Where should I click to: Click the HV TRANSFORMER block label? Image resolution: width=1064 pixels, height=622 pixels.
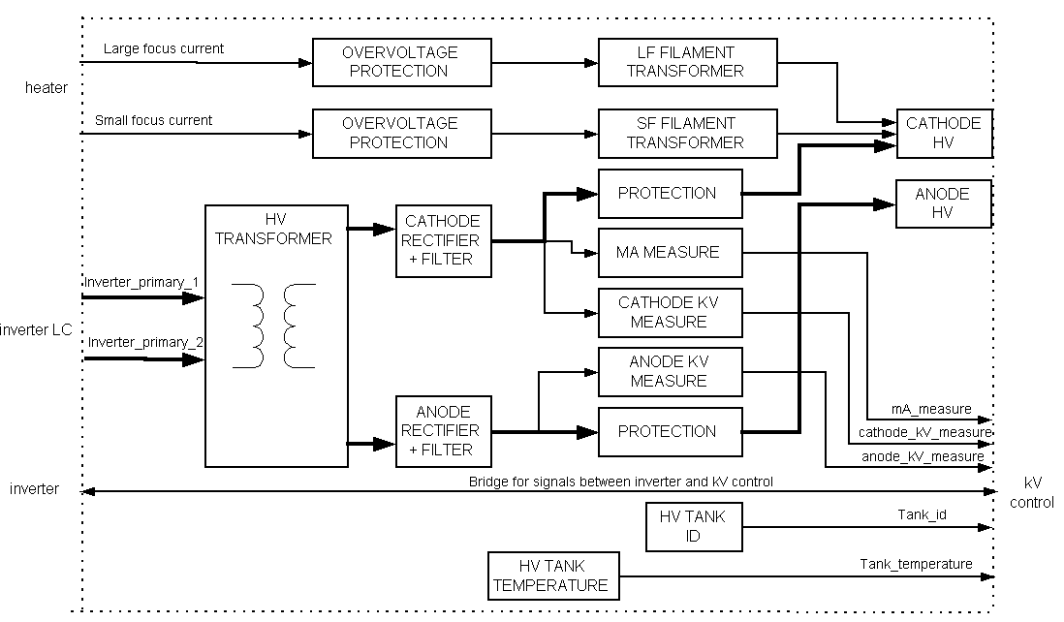coord(276,230)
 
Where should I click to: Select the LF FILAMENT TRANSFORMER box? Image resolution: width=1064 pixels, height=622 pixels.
coord(687,62)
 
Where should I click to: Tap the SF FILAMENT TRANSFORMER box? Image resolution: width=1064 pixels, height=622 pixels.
coord(687,133)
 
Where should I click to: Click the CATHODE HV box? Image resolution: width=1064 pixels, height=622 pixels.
coord(944,133)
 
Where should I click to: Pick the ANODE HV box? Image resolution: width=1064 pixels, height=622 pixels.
coord(944,203)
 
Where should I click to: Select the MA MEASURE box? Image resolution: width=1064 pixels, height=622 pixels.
coord(670,252)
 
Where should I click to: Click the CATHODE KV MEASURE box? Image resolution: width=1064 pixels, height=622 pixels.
coord(670,311)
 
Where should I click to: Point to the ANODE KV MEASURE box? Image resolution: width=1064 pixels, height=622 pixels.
coord(670,371)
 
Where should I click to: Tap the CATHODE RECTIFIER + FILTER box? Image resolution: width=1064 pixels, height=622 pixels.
coord(444,241)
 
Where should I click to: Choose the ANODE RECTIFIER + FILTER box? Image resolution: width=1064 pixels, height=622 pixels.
coord(444,430)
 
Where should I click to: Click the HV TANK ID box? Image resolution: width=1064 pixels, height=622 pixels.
coord(694,527)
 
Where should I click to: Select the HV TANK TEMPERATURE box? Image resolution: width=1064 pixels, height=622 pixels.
coord(551,575)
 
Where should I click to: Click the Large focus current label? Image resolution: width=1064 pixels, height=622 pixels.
coord(163,48)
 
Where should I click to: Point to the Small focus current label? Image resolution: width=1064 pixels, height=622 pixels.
coord(153,121)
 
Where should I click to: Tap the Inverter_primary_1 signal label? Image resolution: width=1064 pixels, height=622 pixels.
coord(141,282)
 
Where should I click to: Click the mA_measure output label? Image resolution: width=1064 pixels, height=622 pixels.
coord(931,410)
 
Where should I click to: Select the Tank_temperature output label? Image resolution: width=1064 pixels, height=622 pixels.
coord(916,564)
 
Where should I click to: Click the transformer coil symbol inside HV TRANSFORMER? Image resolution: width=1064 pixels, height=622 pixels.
coord(275,326)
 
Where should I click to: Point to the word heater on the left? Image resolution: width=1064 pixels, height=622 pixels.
coord(47,88)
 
